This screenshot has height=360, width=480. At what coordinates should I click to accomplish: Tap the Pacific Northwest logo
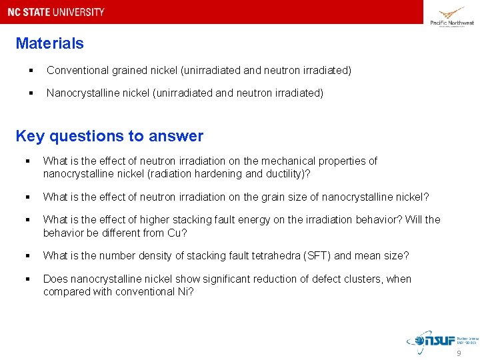[451, 16]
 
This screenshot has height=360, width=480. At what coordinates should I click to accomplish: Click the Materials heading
[50, 44]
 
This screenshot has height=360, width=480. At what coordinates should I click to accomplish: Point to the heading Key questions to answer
[109, 136]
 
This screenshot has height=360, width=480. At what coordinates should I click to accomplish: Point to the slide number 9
[458, 353]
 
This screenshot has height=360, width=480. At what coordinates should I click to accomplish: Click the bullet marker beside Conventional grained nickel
[32, 71]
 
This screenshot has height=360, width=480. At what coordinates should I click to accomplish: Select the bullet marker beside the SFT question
[28, 256]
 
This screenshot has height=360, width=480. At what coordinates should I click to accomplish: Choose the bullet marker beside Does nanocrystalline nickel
[28, 279]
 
